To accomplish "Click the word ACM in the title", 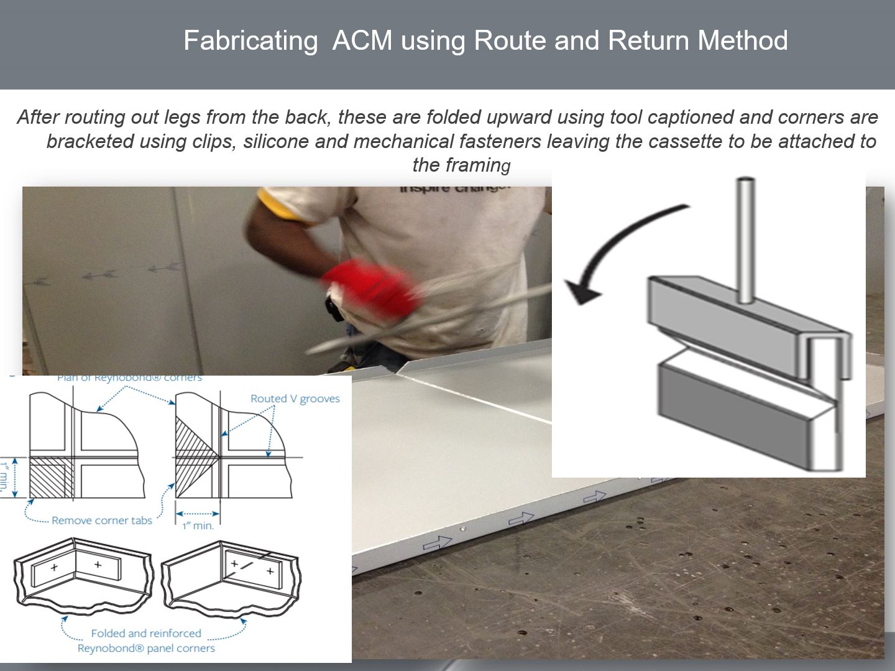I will pos(362,41).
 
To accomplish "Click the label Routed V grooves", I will pos(295,399).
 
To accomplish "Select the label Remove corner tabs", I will pos(102,521).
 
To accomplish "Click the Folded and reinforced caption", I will pos(146,633).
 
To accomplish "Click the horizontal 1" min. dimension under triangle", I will pos(198,525).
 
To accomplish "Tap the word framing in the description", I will pos(478,165).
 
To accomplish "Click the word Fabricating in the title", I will pos(250,41).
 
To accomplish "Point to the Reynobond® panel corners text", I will pos(146,648).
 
